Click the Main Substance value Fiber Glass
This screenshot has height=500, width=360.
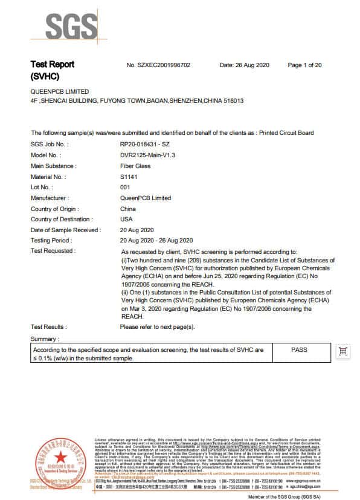tap(135, 166)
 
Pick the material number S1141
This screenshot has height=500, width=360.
tap(129, 177)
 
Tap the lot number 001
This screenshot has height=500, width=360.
tap(126, 187)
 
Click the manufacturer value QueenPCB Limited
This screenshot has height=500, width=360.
tap(146, 198)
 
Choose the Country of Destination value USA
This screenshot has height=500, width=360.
tap(127, 219)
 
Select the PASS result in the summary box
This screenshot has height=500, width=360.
tap(300, 350)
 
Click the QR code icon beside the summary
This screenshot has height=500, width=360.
tap(343, 352)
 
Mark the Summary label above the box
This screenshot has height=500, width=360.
tap(45, 339)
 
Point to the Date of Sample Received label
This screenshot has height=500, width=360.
tap(65, 230)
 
